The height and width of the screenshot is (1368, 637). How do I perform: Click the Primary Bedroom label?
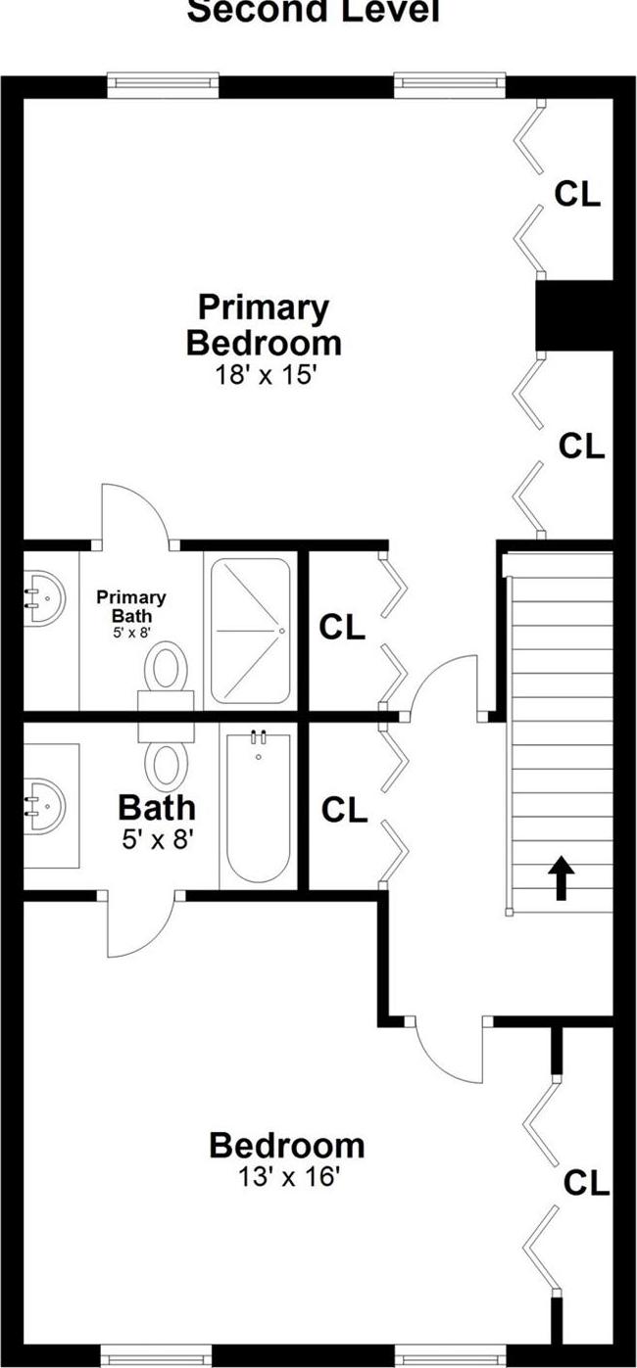pyautogui.click(x=264, y=325)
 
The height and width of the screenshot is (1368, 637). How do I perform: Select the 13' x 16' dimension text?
pyautogui.click(x=287, y=1177)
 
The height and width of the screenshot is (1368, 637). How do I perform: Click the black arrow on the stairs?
pyautogui.click(x=561, y=877)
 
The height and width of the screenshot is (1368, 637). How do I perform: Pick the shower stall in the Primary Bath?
pyautogui.click(x=251, y=631)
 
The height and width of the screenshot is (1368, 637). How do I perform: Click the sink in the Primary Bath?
pyautogui.click(x=43, y=597)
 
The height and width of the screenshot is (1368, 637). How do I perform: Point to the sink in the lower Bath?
pyautogui.click(x=45, y=803)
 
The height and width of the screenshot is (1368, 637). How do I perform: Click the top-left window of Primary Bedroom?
pyautogui.click(x=162, y=85)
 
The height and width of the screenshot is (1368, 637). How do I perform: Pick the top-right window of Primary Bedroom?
pyautogui.click(x=451, y=85)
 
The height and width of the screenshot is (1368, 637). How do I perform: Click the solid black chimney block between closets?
pyautogui.click(x=574, y=314)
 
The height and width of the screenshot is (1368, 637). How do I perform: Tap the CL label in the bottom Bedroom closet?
pyautogui.click(x=586, y=1183)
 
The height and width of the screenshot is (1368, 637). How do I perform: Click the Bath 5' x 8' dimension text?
pyautogui.click(x=157, y=838)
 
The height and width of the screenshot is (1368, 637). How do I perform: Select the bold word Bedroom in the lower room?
pyautogui.click(x=287, y=1145)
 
